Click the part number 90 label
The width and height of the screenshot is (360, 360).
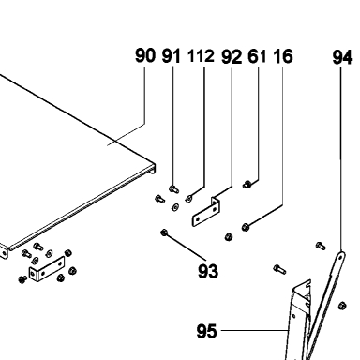pos(145,55)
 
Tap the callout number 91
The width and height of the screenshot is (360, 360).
pos(172,56)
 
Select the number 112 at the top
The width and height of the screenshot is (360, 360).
pos(201,56)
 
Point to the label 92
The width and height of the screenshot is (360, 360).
pos(232,57)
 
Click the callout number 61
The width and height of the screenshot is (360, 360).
pos(257,57)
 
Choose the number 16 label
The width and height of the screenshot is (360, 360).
pos(283,56)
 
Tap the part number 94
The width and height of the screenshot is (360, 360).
pos(342,58)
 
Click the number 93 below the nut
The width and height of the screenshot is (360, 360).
pos(208,271)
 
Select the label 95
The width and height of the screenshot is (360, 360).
pos(206,331)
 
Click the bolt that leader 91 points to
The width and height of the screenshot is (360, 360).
pos(173,188)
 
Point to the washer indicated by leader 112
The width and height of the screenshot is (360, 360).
pos(188,198)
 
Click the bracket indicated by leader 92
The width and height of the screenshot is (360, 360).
pos(206,212)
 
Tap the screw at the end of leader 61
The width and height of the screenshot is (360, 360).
pos(247,185)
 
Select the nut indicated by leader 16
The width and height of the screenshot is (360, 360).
pos(246,227)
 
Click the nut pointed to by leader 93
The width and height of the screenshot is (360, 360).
pos(164,232)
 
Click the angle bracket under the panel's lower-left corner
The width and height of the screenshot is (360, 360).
pos(47,269)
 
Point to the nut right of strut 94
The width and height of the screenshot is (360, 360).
pos(342,306)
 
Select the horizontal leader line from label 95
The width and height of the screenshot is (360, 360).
pos(254,330)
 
